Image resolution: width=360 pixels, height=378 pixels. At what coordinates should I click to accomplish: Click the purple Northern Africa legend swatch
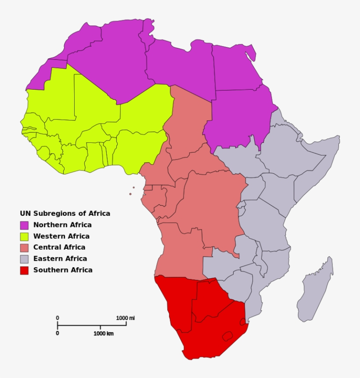[x=24, y=225]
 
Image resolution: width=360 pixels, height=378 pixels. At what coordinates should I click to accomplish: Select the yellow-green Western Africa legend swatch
[x=24, y=236]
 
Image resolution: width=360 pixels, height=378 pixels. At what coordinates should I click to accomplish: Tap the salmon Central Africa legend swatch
[x=24, y=247]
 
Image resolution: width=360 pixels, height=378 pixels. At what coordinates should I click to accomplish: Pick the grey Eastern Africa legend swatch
[x=24, y=259]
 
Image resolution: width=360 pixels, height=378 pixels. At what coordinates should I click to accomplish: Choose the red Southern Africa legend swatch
[x=24, y=270]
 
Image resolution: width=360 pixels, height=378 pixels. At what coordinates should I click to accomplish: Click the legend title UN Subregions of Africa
[x=65, y=214]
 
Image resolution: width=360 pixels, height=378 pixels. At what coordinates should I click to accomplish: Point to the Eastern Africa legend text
[x=60, y=259]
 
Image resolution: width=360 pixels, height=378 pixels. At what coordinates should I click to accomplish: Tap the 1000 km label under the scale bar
[x=103, y=334]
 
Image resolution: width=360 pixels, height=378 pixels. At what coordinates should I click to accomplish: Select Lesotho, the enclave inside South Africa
[x=227, y=336]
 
